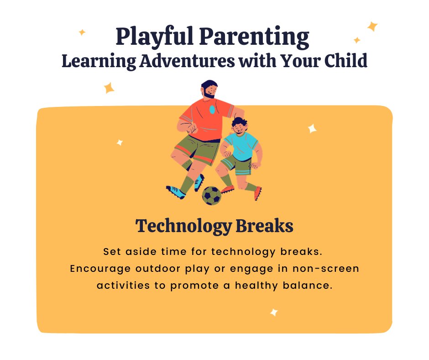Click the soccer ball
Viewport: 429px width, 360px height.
[212, 195]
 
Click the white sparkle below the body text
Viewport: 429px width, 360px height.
[274, 312]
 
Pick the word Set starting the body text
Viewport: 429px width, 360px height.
[112, 252]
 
